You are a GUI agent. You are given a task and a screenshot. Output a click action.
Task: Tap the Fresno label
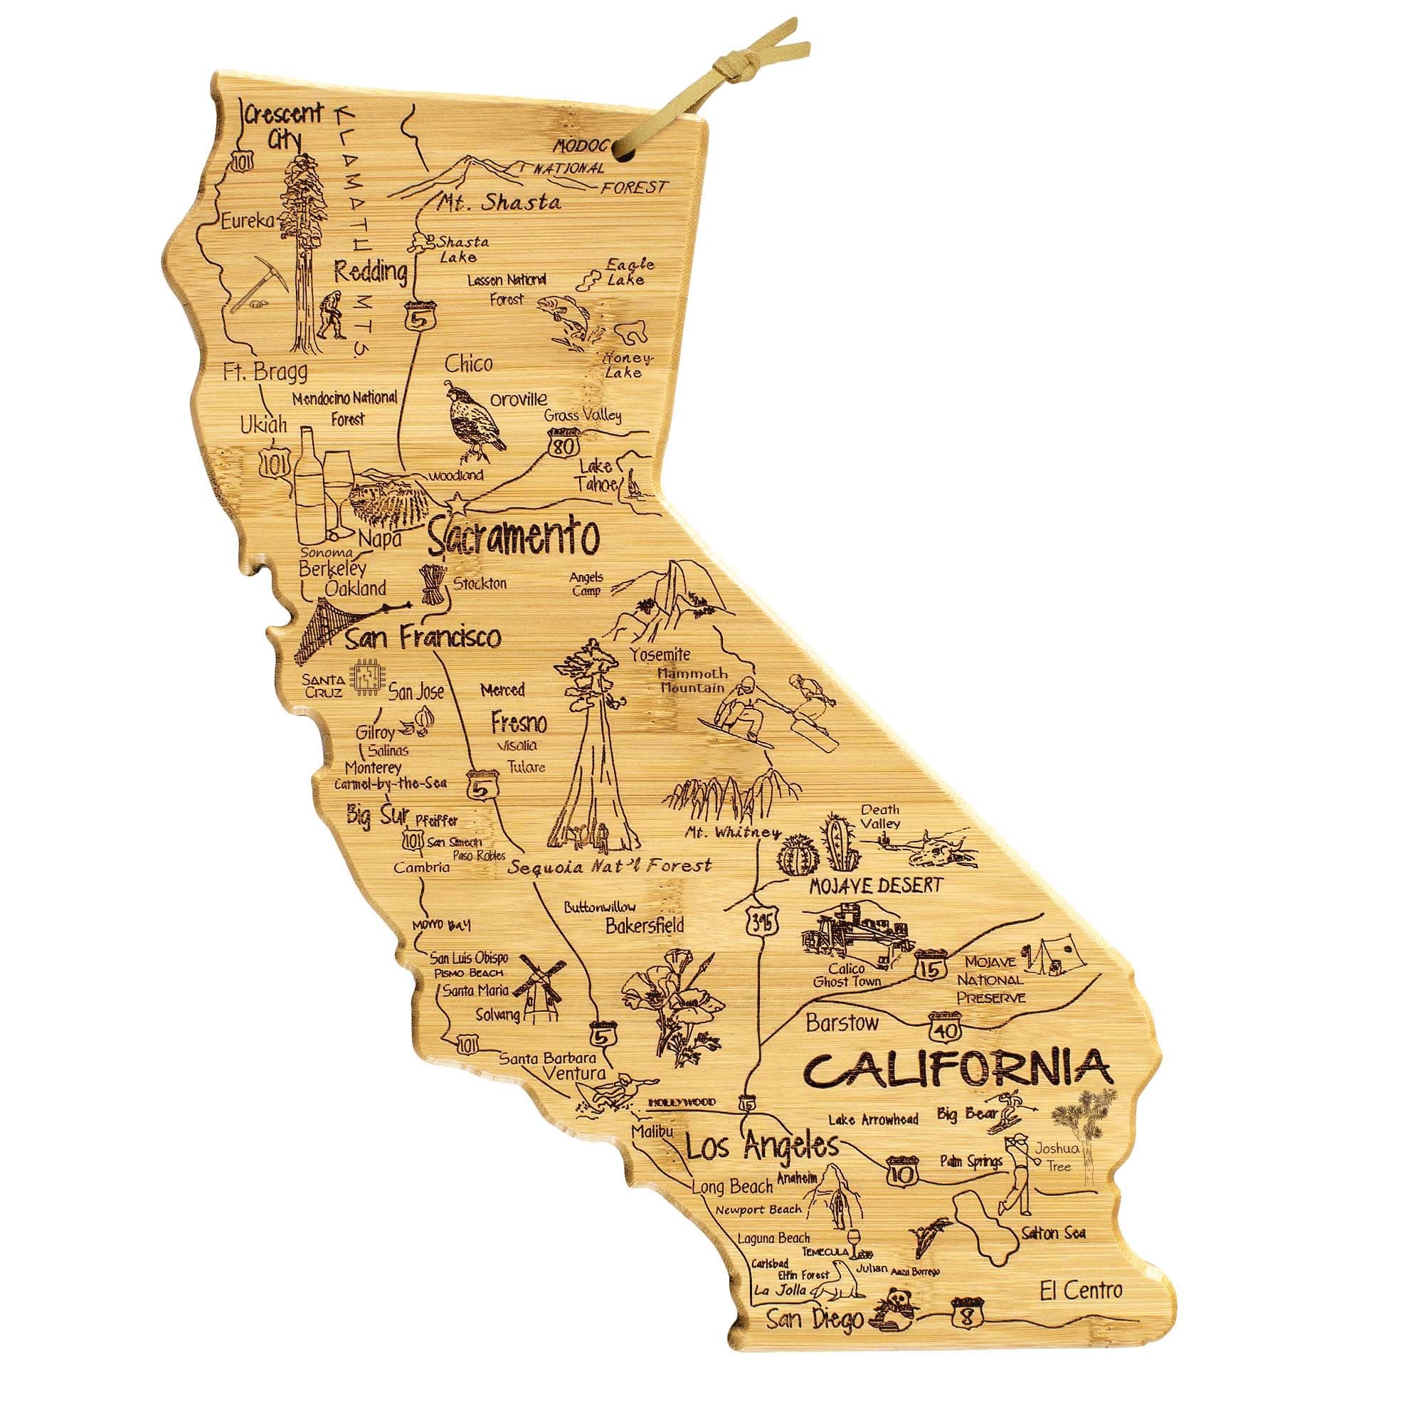pyautogui.click(x=519, y=723)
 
